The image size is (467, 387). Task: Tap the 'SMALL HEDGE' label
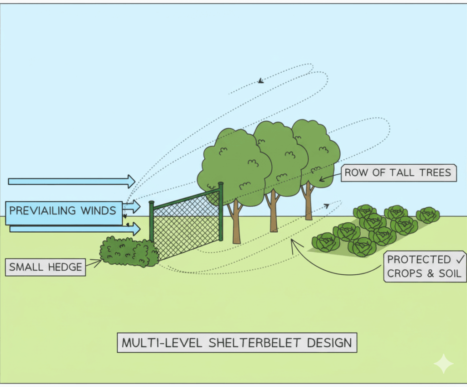pos(46,267)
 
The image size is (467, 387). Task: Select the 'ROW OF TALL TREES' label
pos(398,173)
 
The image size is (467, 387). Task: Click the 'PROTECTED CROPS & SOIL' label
pos(425,267)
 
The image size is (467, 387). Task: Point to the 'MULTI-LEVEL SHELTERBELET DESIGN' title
pos(237,343)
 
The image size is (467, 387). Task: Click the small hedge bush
pos(129,251)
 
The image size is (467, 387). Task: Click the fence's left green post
pos(151,221)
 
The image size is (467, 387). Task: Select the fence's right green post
pos(221,211)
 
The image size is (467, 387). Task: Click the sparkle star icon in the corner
pos(443,364)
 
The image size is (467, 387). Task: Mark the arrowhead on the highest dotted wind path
pos(261,81)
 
